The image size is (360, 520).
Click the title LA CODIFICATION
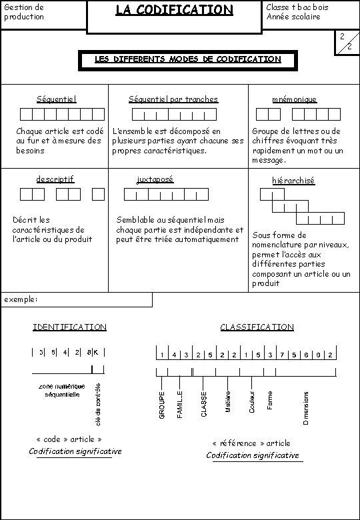tap(174, 10)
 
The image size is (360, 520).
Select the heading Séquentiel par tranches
tap(173, 99)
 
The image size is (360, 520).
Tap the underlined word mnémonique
tap(294, 99)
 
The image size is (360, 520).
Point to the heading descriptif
tap(55, 179)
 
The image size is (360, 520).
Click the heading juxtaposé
tap(155, 179)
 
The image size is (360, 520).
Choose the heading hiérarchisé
tap(293, 180)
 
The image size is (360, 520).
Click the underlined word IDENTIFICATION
tap(69, 327)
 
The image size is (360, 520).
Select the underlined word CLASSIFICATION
tap(257, 327)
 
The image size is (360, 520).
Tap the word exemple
tap(21, 299)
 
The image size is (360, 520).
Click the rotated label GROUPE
tap(162, 405)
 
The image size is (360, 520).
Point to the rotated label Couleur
tap(252, 401)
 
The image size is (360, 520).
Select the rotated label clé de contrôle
tap(99, 403)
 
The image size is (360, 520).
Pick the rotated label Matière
tap(228, 401)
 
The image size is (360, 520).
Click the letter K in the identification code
tap(97, 352)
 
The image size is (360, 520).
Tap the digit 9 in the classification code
tap(318, 355)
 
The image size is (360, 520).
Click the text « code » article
tap(69, 439)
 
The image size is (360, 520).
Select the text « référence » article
tap(251, 443)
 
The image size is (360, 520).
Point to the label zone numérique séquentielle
tap(62, 390)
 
